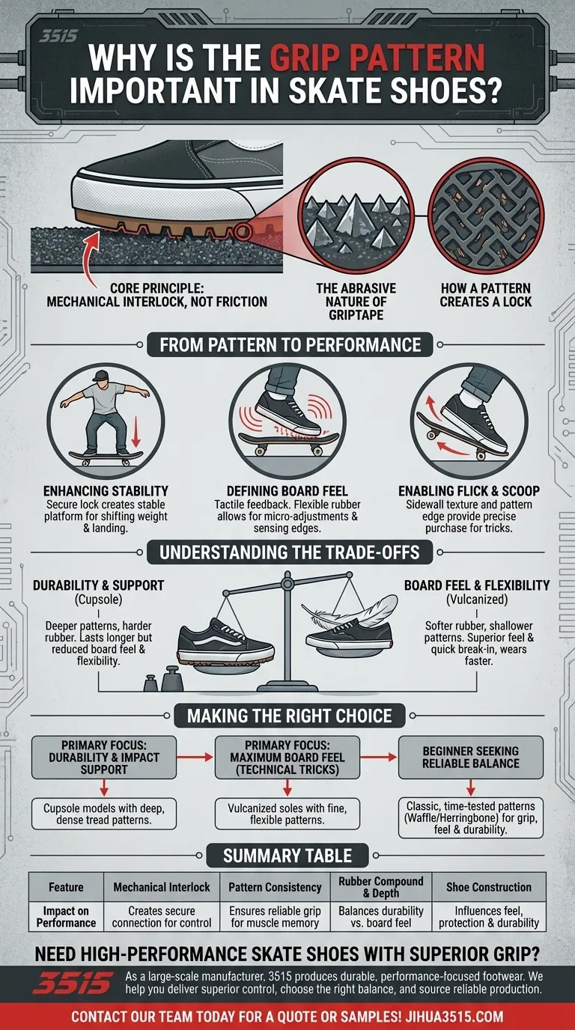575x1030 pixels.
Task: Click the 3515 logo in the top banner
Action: coord(58,36)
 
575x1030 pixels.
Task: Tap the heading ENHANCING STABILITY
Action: coord(105,491)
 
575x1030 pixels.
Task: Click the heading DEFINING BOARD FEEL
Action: coord(287,491)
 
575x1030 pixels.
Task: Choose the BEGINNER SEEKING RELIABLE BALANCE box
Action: coord(469,758)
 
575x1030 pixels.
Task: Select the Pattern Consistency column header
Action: coord(276,887)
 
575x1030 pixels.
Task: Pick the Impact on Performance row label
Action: coord(66,917)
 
